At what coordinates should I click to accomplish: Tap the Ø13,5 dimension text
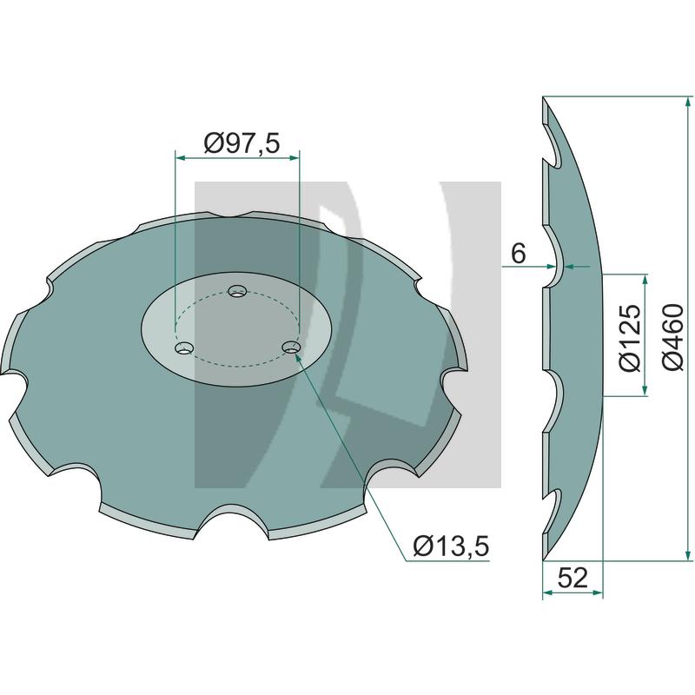(451, 546)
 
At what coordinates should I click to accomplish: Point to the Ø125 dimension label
(630, 336)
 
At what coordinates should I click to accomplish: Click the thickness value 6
(519, 253)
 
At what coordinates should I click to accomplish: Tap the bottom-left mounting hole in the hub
(182, 348)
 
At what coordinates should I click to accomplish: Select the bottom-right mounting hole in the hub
(292, 347)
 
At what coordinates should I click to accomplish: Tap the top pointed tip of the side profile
(544, 98)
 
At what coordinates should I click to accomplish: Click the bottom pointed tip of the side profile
(545, 556)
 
